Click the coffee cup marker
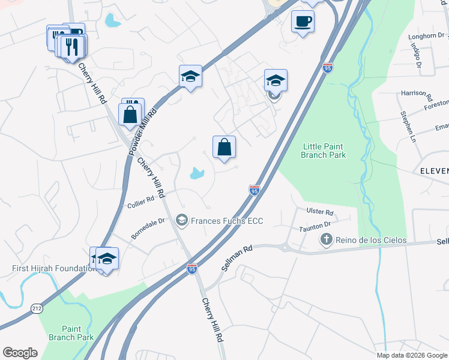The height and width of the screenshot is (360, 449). pos(303,22)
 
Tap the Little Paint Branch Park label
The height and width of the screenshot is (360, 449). pos(324,151)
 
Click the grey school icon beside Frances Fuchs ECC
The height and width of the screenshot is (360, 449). pos(181,221)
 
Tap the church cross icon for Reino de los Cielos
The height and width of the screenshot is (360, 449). pos(326,241)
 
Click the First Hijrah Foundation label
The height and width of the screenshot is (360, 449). pos(53,268)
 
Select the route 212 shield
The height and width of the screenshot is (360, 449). pos(37,308)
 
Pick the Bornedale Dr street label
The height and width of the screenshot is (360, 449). pos(148,228)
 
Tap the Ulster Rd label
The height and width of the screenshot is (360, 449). pos(319,212)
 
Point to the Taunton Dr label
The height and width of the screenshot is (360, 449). pos(316,226)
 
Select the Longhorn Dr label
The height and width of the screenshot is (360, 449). pos(425,36)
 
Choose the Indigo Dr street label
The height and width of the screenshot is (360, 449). pos(415,57)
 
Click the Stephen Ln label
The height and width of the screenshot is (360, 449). pos(406,123)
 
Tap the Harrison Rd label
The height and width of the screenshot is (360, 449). pos(417,94)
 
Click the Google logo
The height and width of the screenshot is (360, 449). pos(20,353)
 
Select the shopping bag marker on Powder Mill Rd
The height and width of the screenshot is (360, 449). pos(130,113)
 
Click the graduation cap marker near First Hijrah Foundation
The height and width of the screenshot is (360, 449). pos(107,259)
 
